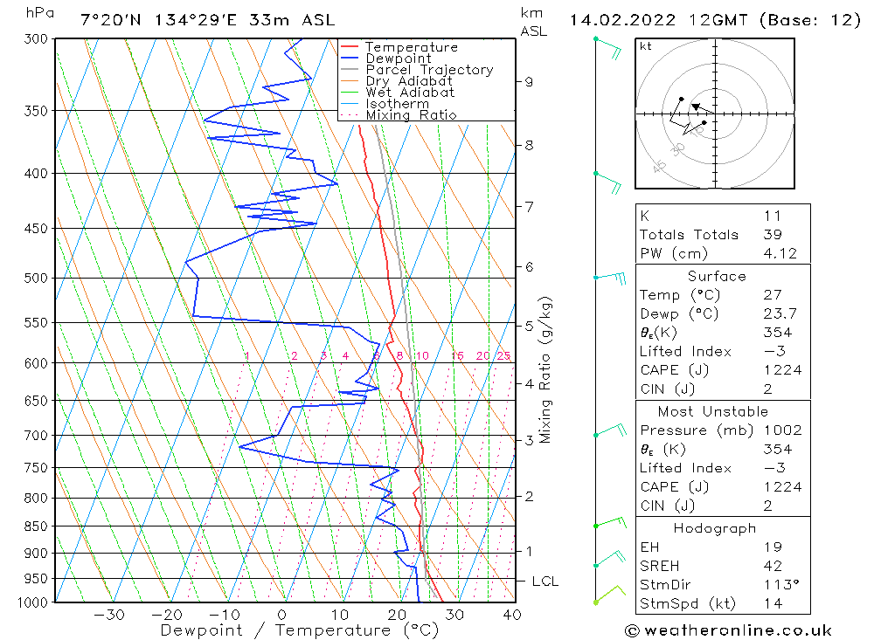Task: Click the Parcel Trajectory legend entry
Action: [x=429, y=70]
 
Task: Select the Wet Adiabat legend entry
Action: [x=410, y=93]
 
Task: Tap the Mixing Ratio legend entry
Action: [x=411, y=115]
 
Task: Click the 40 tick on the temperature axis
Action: [x=512, y=615]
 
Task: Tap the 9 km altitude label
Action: [x=530, y=82]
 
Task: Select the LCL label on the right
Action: [x=545, y=582]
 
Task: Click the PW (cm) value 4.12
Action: [x=779, y=253]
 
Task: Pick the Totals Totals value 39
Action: [x=773, y=234]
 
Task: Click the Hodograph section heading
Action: [x=716, y=528]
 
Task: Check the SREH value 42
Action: [x=773, y=565]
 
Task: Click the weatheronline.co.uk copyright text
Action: [x=728, y=630]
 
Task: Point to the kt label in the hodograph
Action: [x=645, y=46]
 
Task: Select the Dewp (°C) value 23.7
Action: [x=778, y=313]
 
